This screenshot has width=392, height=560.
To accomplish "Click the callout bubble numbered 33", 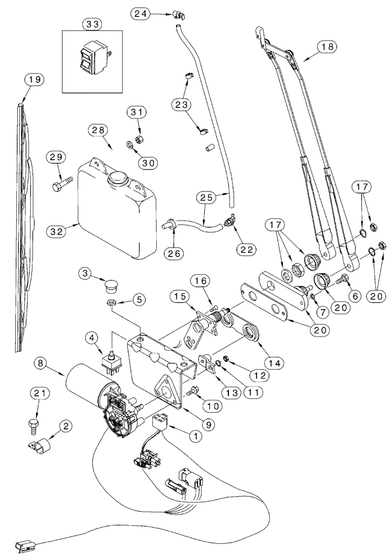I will [92, 24].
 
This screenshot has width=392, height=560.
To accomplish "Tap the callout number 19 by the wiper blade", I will [34, 81].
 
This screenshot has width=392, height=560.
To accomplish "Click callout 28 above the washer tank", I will [97, 130].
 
